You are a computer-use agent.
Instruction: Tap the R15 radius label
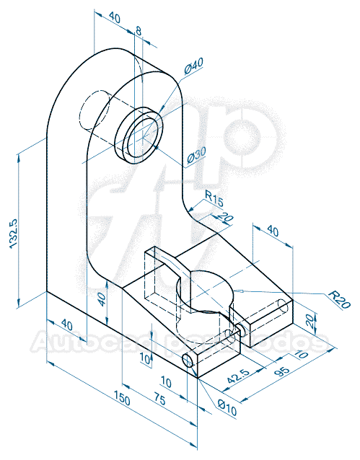point(214,196)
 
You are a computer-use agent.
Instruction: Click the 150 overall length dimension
point(123,399)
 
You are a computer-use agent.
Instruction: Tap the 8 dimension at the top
point(139,30)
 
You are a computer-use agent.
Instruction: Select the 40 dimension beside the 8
point(114,17)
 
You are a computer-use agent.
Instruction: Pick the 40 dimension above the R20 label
point(273,231)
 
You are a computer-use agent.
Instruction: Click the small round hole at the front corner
point(190,362)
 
